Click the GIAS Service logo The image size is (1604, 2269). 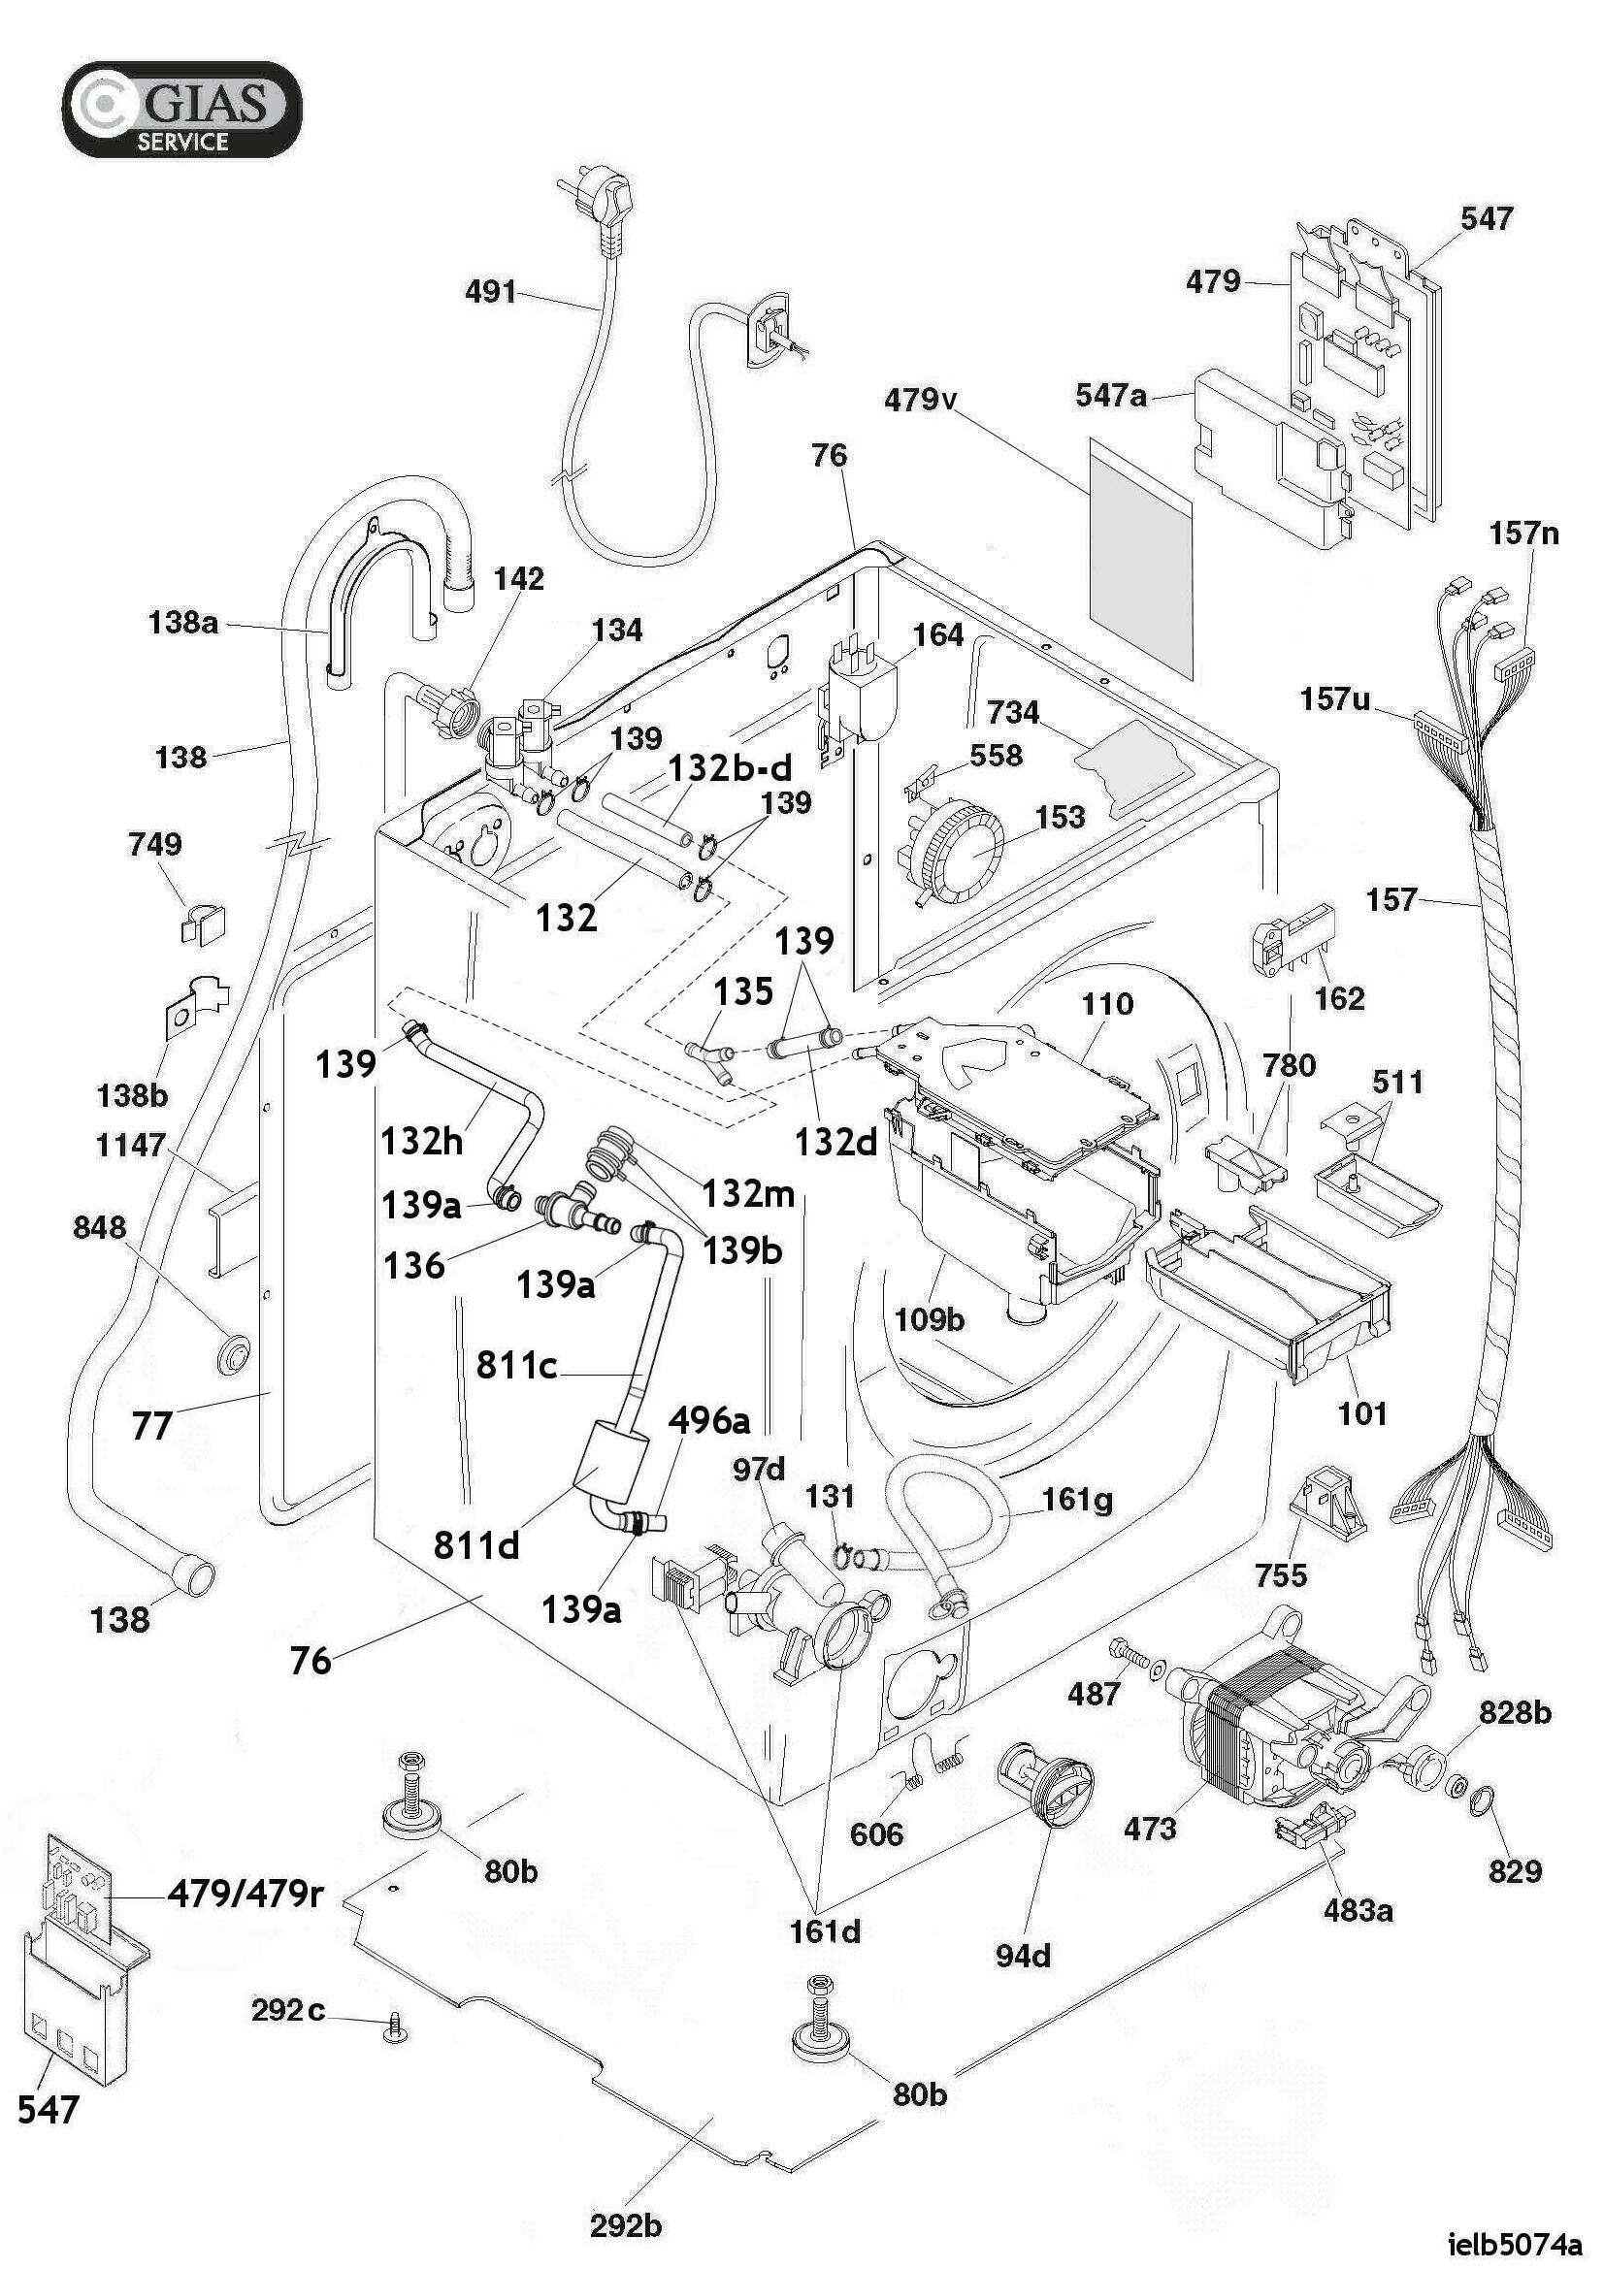[181, 109]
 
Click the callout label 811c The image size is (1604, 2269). [516, 1365]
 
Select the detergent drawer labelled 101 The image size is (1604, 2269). [1269, 1288]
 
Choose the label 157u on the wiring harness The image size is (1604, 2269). [1334, 698]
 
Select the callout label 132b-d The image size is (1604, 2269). [731, 768]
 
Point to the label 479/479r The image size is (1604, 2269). [246, 1893]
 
